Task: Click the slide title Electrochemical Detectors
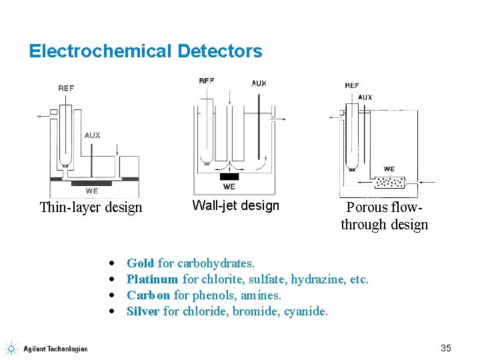145,51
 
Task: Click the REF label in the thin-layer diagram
66,88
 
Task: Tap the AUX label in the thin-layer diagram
93,135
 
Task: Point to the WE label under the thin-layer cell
92,191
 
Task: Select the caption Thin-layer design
91,207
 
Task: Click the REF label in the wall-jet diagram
207,81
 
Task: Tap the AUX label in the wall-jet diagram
259,83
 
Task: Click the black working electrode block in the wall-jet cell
229,177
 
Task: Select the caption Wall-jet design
235,205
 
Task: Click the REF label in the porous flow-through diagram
352,85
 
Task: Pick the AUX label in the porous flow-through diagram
365,97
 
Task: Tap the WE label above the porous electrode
389,169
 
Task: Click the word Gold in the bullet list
140,264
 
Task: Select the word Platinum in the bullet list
152,280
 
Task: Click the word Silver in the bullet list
143,311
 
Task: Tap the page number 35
446,348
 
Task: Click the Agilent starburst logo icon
11,348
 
